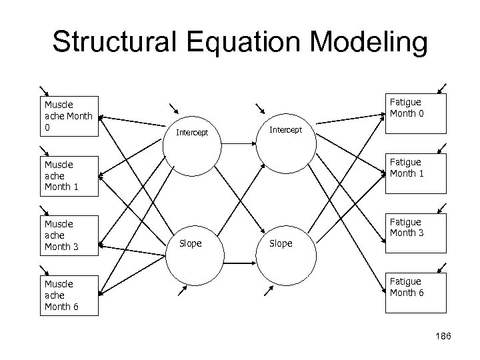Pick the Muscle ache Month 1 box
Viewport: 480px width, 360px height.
68,175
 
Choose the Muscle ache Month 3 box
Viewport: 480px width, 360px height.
68,235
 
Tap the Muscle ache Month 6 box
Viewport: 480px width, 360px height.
68,295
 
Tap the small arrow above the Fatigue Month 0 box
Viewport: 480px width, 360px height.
441,89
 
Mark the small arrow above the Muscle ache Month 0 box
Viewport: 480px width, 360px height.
43,91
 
